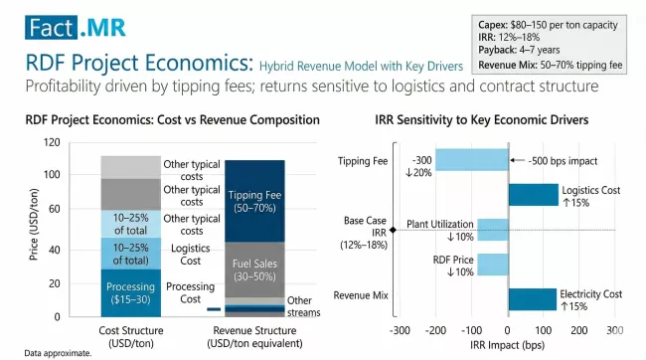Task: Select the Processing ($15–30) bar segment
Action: pyautogui.click(x=130, y=292)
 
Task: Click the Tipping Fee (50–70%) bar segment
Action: pyautogui.click(x=254, y=200)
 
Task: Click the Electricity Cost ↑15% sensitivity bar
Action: pyautogui.click(x=532, y=299)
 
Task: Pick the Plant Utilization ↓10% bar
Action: pyautogui.click(x=492, y=230)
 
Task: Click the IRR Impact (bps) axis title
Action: pyautogui.click(x=507, y=344)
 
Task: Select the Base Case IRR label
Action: pyautogui.click(x=361, y=231)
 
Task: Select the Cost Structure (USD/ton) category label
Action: pyautogui.click(x=131, y=335)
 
